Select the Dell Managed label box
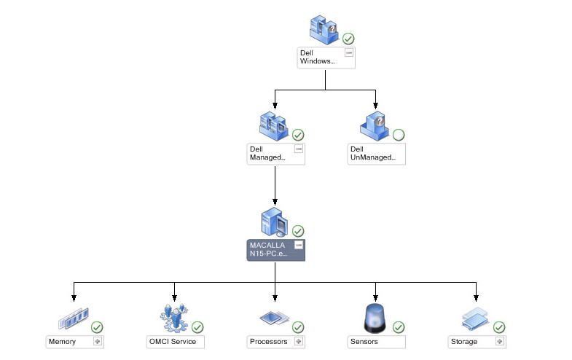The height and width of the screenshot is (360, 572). click(268, 154)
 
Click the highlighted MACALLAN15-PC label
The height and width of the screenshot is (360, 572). click(269, 250)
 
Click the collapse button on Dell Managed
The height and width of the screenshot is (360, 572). click(299, 149)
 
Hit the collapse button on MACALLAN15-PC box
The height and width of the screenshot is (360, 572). click(299, 245)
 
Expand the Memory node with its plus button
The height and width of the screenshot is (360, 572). click(97, 341)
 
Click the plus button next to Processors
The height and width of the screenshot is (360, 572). click(298, 341)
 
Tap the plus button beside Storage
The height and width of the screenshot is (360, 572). click(500, 341)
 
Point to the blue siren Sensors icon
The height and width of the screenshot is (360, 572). click(375, 318)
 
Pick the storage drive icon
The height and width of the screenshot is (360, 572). click(475, 319)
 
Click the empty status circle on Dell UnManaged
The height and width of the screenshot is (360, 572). click(399, 135)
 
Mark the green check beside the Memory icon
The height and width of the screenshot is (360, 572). click(97, 327)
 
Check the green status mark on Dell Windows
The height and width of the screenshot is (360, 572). click(349, 39)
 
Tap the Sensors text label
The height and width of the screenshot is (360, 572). click(364, 341)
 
